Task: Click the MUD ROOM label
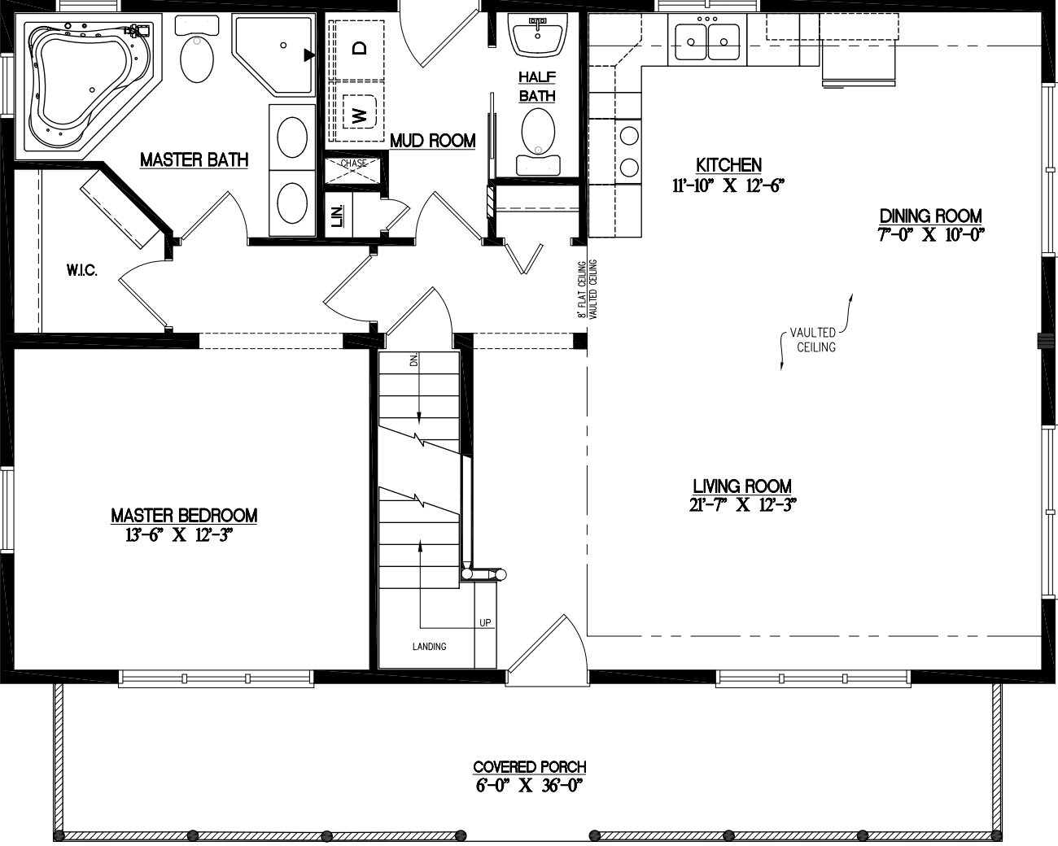coord(432,141)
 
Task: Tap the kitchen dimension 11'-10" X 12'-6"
coord(728,185)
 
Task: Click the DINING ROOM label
coord(930,216)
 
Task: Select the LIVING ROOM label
coord(741,486)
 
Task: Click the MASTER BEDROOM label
coord(184,515)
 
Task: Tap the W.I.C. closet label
coord(82,271)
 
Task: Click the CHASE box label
coord(353,164)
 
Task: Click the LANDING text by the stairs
coord(429,647)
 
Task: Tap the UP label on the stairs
coord(485,623)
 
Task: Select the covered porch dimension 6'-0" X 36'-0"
coord(529,786)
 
